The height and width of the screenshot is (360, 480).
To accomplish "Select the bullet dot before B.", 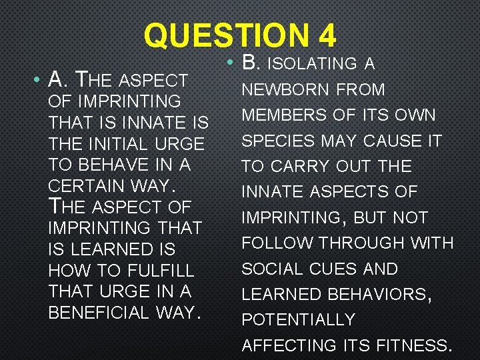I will [229, 63].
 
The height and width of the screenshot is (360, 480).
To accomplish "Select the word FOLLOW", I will [277, 243].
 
